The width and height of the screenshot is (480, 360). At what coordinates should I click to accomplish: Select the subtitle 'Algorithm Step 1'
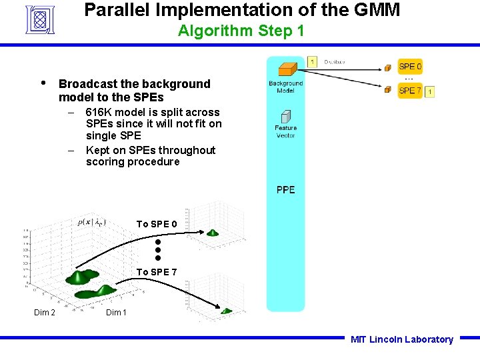[x=241, y=31]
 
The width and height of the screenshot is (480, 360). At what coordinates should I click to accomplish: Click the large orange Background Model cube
[x=287, y=69]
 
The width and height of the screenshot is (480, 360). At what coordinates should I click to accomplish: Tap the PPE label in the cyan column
[x=285, y=190]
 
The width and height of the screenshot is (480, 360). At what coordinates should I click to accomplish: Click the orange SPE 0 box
[x=410, y=67]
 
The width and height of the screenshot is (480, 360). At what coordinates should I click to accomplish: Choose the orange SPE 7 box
[x=410, y=91]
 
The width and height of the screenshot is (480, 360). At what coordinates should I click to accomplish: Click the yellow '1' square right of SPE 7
[x=430, y=91]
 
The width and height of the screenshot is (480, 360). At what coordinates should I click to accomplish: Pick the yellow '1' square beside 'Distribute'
[x=313, y=62]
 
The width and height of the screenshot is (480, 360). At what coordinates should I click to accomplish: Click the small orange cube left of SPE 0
[x=387, y=67]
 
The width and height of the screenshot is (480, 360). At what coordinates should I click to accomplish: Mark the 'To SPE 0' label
[x=157, y=224]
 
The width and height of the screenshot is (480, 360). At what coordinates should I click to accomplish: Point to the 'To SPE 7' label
[x=157, y=272]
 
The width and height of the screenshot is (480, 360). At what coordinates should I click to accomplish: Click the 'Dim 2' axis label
[x=45, y=313]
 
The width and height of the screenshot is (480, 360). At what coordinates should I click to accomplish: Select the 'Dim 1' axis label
[x=117, y=313]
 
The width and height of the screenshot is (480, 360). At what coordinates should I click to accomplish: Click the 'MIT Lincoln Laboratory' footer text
[x=401, y=339]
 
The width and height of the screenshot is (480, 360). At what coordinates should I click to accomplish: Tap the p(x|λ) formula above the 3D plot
[x=91, y=222]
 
